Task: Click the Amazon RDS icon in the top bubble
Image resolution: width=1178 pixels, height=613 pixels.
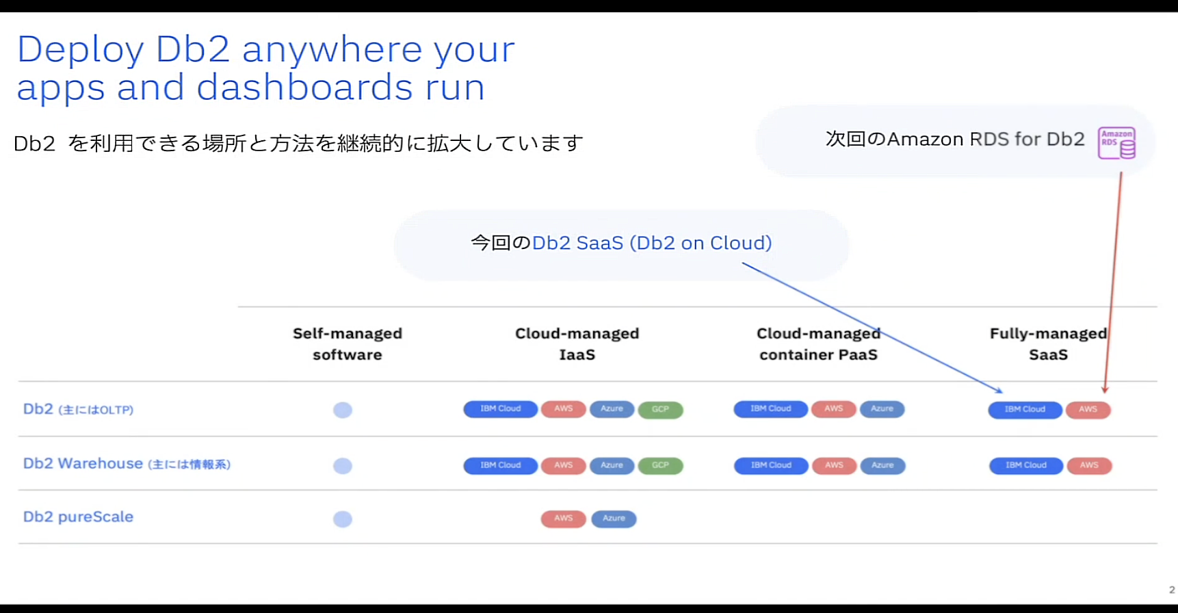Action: pos(1116,143)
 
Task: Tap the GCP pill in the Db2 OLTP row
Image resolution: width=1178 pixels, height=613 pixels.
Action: pos(660,409)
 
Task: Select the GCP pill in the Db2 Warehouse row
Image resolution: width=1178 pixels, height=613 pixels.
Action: pos(660,465)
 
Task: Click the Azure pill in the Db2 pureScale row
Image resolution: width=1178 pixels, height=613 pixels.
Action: pos(614,519)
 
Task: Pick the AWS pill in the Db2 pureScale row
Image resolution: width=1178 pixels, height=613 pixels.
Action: pos(563,519)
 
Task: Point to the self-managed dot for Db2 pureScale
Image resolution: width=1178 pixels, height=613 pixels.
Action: pos(343,519)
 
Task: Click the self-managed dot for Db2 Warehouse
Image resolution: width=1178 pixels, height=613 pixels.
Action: pos(343,466)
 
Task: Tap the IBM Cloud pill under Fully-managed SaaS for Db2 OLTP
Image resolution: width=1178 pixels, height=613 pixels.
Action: pos(1025,409)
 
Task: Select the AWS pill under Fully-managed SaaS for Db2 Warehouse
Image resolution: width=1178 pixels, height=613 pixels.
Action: pos(1089,465)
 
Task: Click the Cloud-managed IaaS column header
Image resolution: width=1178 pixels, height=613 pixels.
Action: pos(577,343)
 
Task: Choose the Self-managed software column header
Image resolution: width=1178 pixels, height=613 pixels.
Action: pos(348,343)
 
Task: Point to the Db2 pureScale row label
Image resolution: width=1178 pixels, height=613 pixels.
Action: pos(78,517)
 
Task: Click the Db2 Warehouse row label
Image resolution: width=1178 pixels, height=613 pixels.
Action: pos(127,464)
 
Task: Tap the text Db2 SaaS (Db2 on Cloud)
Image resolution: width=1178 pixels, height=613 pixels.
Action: pos(652,243)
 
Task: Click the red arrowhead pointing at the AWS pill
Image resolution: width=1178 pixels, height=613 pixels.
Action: pos(1105,389)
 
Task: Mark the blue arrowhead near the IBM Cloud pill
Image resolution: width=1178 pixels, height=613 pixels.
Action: pos(999,391)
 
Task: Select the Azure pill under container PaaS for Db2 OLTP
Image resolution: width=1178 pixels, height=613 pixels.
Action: pos(882,409)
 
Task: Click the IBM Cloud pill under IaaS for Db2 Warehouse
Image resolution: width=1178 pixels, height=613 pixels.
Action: pos(500,465)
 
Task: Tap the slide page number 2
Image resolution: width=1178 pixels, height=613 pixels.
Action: pos(1172,590)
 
